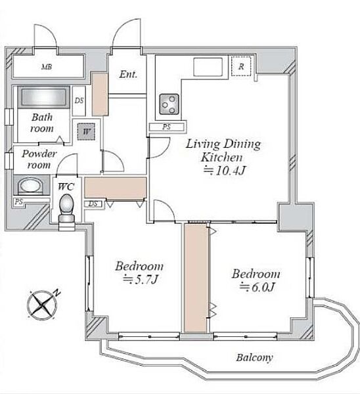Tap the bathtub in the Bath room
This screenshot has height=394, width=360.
[x=44, y=97]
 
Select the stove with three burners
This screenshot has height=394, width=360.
[x=169, y=104]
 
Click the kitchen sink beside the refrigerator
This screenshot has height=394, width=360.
[x=208, y=67]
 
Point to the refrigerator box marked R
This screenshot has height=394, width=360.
[x=241, y=66]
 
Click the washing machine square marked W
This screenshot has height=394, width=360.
[x=86, y=131]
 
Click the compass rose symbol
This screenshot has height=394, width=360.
[x=42, y=305]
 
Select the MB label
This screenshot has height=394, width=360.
[x=47, y=67]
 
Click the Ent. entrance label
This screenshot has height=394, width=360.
[x=128, y=74]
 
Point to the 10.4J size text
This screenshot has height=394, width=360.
[x=224, y=171]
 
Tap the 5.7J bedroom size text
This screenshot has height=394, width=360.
[x=140, y=280]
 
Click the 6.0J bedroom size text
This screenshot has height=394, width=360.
[x=257, y=287]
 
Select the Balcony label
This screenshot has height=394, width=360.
[x=254, y=358]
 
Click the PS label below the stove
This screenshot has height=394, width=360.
[x=166, y=127]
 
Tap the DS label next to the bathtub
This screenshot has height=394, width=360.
[x=79, y=100]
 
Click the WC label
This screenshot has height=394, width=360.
[x=66, y=187]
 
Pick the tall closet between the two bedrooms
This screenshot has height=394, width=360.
[x=196, y=277]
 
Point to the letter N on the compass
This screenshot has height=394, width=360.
[x=58, y=293]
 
